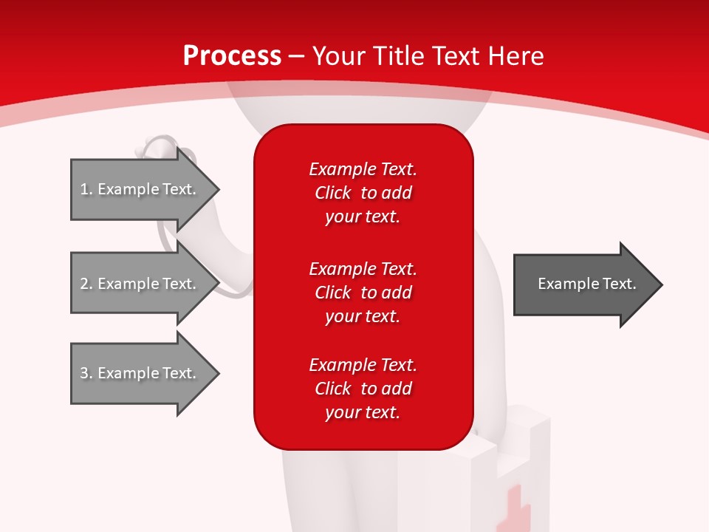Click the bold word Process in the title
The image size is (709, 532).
pos(232,56)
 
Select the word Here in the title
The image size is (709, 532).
pos(516,56)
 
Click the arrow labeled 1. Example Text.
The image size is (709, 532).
pos(145,189)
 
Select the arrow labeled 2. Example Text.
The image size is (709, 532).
pos(145,283)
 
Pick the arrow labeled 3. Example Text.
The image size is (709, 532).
pos(145,372)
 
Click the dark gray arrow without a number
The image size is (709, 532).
pos(589,284)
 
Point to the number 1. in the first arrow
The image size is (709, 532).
pos(86,189)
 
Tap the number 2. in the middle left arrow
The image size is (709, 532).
pos(86,284)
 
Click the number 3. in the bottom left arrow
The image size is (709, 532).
pos(86,373)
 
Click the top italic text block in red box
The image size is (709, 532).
pos(363,193)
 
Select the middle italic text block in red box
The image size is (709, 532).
pos(363,293)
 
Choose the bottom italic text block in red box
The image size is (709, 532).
pos(363,388)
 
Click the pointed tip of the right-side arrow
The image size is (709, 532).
pos(662,284)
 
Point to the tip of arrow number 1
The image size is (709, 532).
pos(219,190)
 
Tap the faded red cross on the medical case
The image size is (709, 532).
pos(513,509)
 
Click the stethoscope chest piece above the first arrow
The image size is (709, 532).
pos(156,146)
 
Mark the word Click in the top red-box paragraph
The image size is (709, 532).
pos(333,193)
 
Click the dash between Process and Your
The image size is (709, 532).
pos(296,57)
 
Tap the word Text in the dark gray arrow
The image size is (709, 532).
pos(620,284)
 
